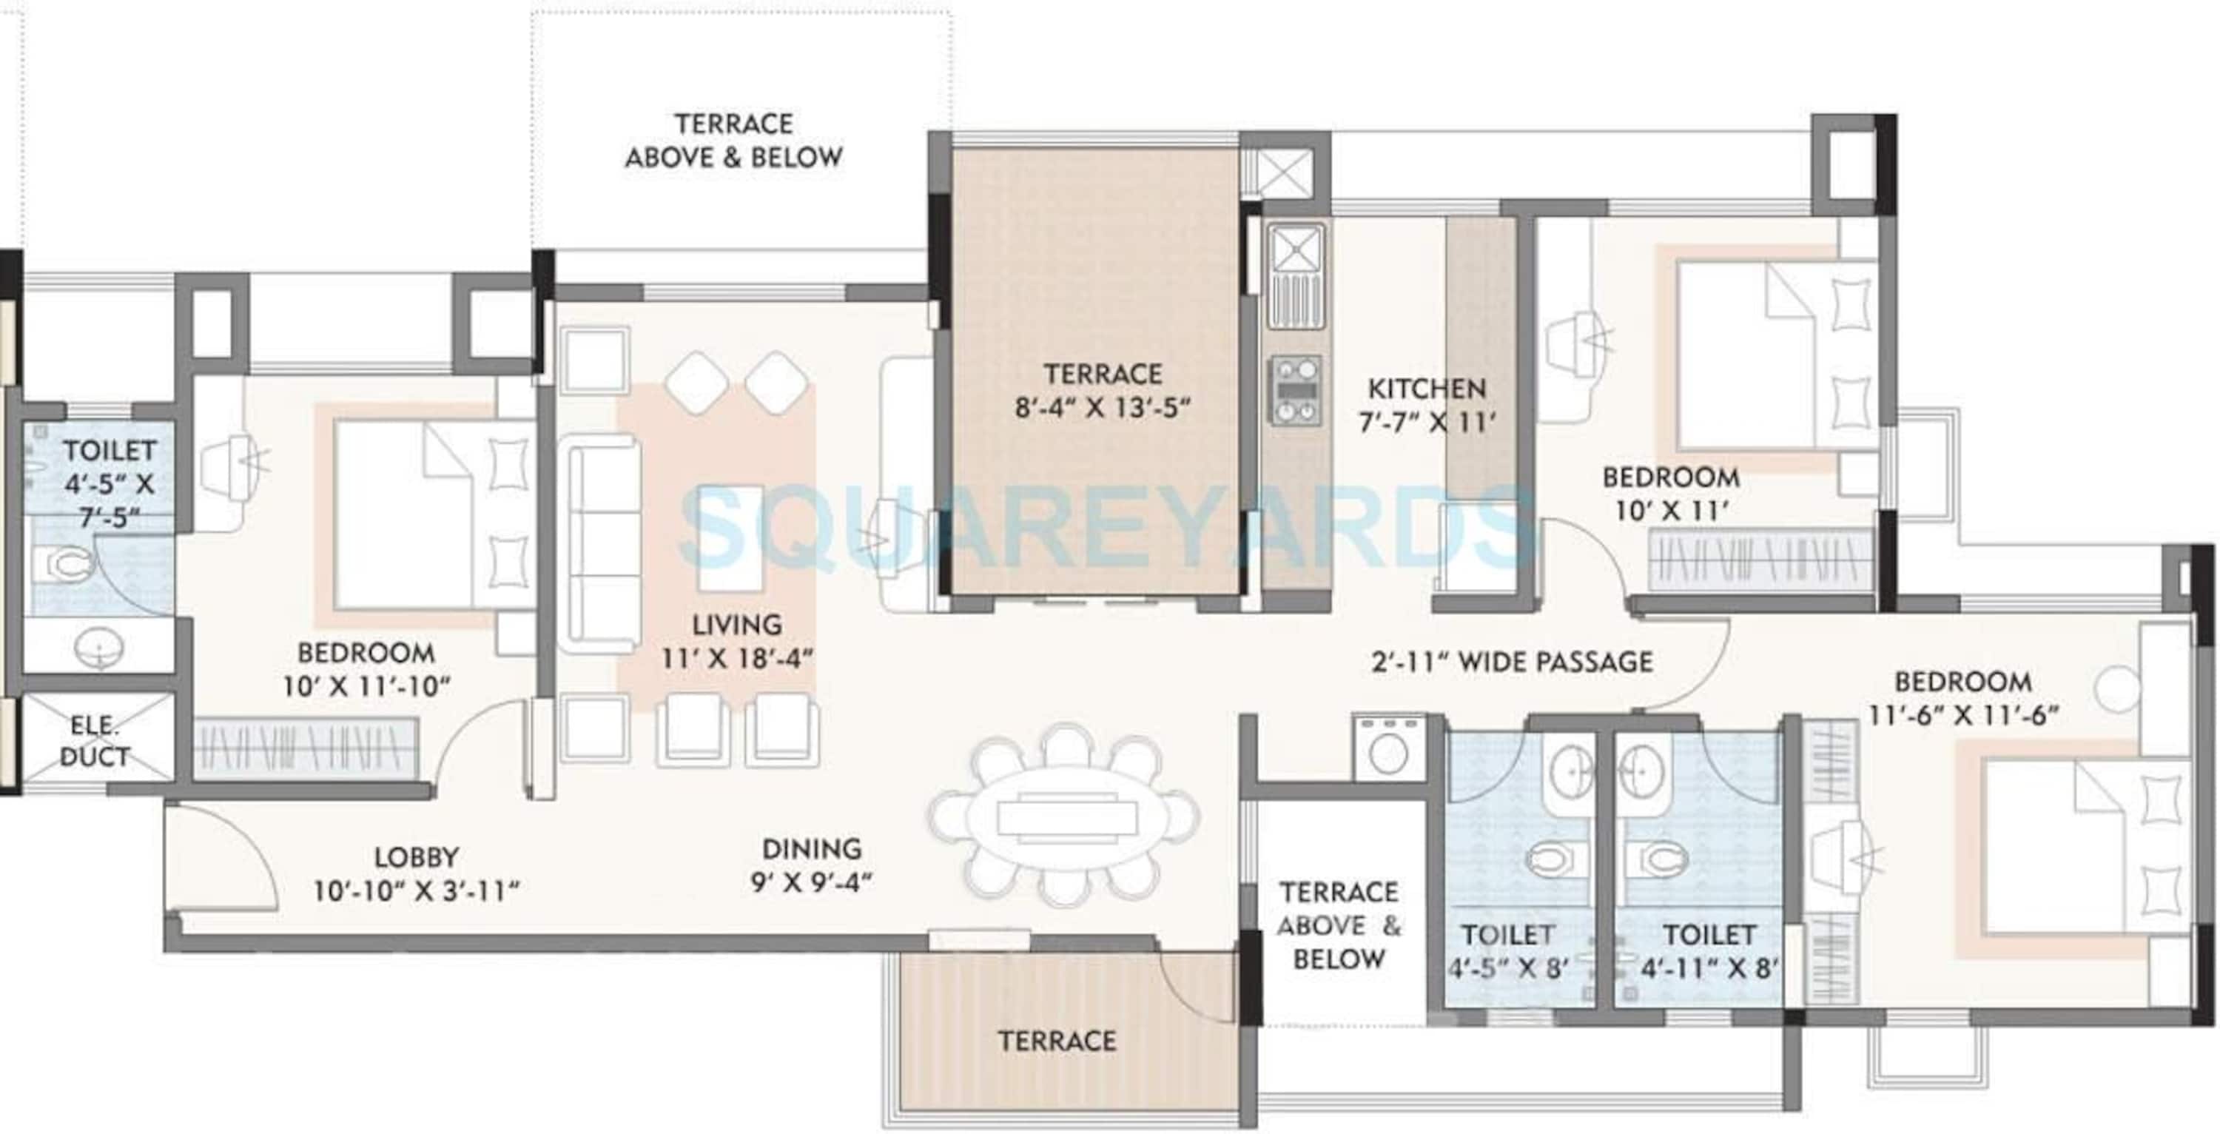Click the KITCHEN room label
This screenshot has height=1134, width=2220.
tap(1427, 389)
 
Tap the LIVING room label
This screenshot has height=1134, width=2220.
tap(737, 624)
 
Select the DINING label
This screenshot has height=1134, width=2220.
tap(812, 850)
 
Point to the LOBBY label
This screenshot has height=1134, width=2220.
tap(416, 857)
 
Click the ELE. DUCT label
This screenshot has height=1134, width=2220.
tap(95, 741)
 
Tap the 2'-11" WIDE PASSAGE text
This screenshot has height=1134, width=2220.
tap(1513, 662)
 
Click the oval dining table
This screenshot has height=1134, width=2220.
tap(1066, 815)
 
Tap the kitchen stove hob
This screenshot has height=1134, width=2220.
tap(1295, 392)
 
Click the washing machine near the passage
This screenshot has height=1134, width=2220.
tap(1387, 749)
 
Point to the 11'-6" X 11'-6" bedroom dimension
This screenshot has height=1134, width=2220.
tap(1963, 716)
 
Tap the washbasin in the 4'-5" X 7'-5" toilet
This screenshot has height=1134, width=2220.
tap(98, 645)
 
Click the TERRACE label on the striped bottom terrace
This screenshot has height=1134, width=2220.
tap(1057, 1041)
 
